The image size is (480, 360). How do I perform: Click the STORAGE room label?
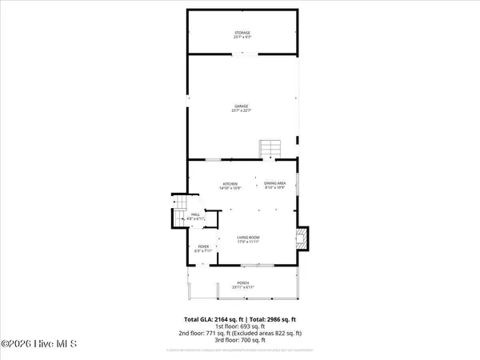click(x=242, y=33)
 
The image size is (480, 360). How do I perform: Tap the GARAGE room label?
click(x=242, y=106)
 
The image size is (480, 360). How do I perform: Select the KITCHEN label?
click(x=230, y=185)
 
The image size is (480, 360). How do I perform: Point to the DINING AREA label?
click(x=275, y=185)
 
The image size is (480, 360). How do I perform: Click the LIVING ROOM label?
click(x=247, y=238)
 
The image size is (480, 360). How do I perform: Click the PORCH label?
click(x=242, y=282)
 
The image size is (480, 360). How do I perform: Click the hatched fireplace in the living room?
click(x=301, y=237)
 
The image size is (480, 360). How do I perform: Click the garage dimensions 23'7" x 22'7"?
click(x=242, y=110)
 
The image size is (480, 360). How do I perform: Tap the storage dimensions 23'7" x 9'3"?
click(x=242, y=38)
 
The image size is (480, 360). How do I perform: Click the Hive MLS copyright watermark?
click(x=38, y=345)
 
